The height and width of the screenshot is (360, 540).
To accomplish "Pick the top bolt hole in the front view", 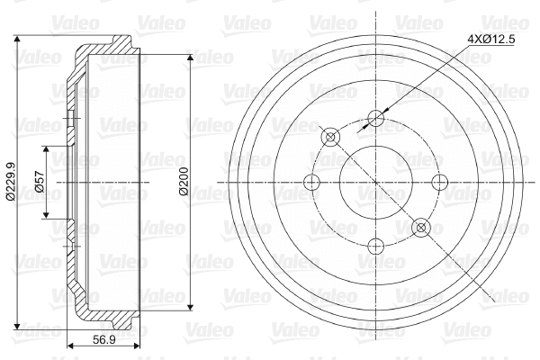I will click(376, 118).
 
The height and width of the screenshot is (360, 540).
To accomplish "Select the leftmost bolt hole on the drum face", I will click(312, 183).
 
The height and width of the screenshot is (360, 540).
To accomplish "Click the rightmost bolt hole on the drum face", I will click(440, 183).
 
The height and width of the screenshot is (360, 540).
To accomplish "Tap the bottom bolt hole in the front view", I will click(376, 246).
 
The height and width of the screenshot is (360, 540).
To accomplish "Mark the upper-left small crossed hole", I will click(330, 138).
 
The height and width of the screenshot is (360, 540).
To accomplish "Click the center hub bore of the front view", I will click(376, 183).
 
